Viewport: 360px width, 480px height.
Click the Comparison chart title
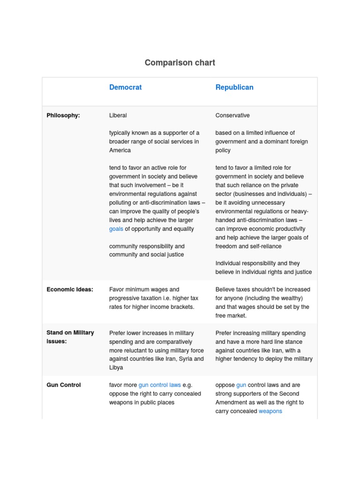(x=180, y=63)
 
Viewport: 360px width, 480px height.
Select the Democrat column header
(x=125, y=87)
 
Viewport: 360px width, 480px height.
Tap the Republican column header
(x=234, y=87)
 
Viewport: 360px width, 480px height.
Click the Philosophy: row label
(x=63, y=115)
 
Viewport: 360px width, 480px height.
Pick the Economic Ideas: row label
(x=70, y=290)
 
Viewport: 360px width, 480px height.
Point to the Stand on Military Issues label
(x=70, y=337)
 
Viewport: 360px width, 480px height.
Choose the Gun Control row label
(x=64, y=385)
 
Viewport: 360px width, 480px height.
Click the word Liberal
(x=118, y=115)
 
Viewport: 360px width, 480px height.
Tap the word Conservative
(x=232, y=115)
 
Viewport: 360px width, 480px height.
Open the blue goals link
(x=116, y=229)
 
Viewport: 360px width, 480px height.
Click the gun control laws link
(x=159, y=385)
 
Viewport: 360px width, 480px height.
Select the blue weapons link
(x=270, y=411)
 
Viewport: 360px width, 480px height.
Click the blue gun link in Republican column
(x=241, y=385)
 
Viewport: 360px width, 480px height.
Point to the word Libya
(x=116, y=367)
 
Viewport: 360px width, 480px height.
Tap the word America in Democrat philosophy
(x=120, y=150)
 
